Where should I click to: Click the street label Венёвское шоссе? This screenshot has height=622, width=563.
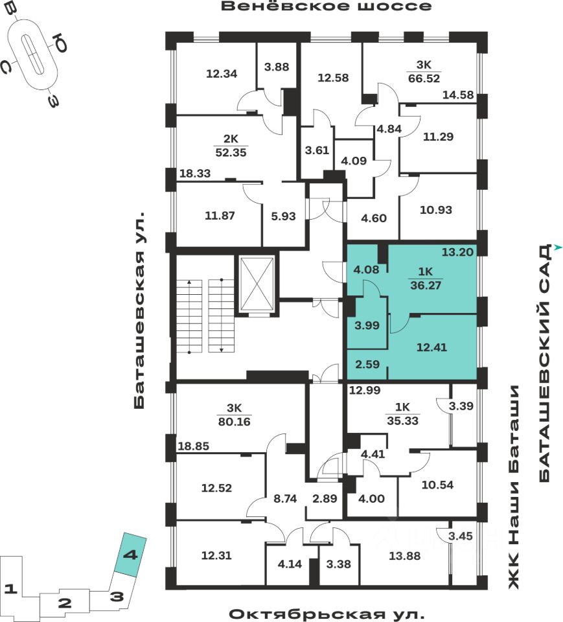pyautogui.click(x=326, y=7)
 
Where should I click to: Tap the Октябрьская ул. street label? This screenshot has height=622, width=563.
pyautogui.click(x=327, y=614)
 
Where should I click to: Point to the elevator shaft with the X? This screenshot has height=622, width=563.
pyautogui.click(x=257, y=284)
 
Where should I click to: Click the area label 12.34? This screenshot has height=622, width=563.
pyautogui.click(x=222, y=74)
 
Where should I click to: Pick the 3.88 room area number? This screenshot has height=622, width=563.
pyautogui.click(x=277, y=66)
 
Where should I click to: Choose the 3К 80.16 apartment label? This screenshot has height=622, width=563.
pyautogui.click(x=234, y=415)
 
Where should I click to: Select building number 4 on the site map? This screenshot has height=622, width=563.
pyautogui.click(x=130, y=555)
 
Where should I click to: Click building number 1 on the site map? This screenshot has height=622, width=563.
pyautogui.click(x=10, y=589)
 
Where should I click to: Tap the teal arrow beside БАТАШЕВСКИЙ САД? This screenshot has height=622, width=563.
pyautogui.click(x=557, y=248)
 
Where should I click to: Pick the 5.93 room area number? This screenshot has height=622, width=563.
pyautogui.click(x=282, y=216)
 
